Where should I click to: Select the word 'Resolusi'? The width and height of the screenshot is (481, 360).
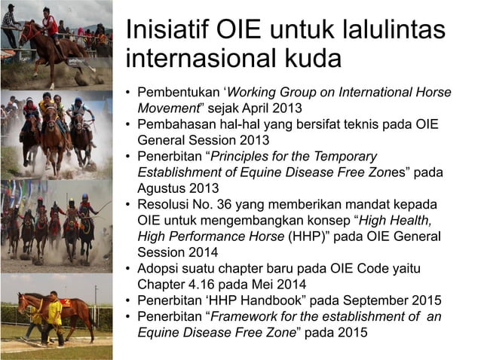coord(162,204)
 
